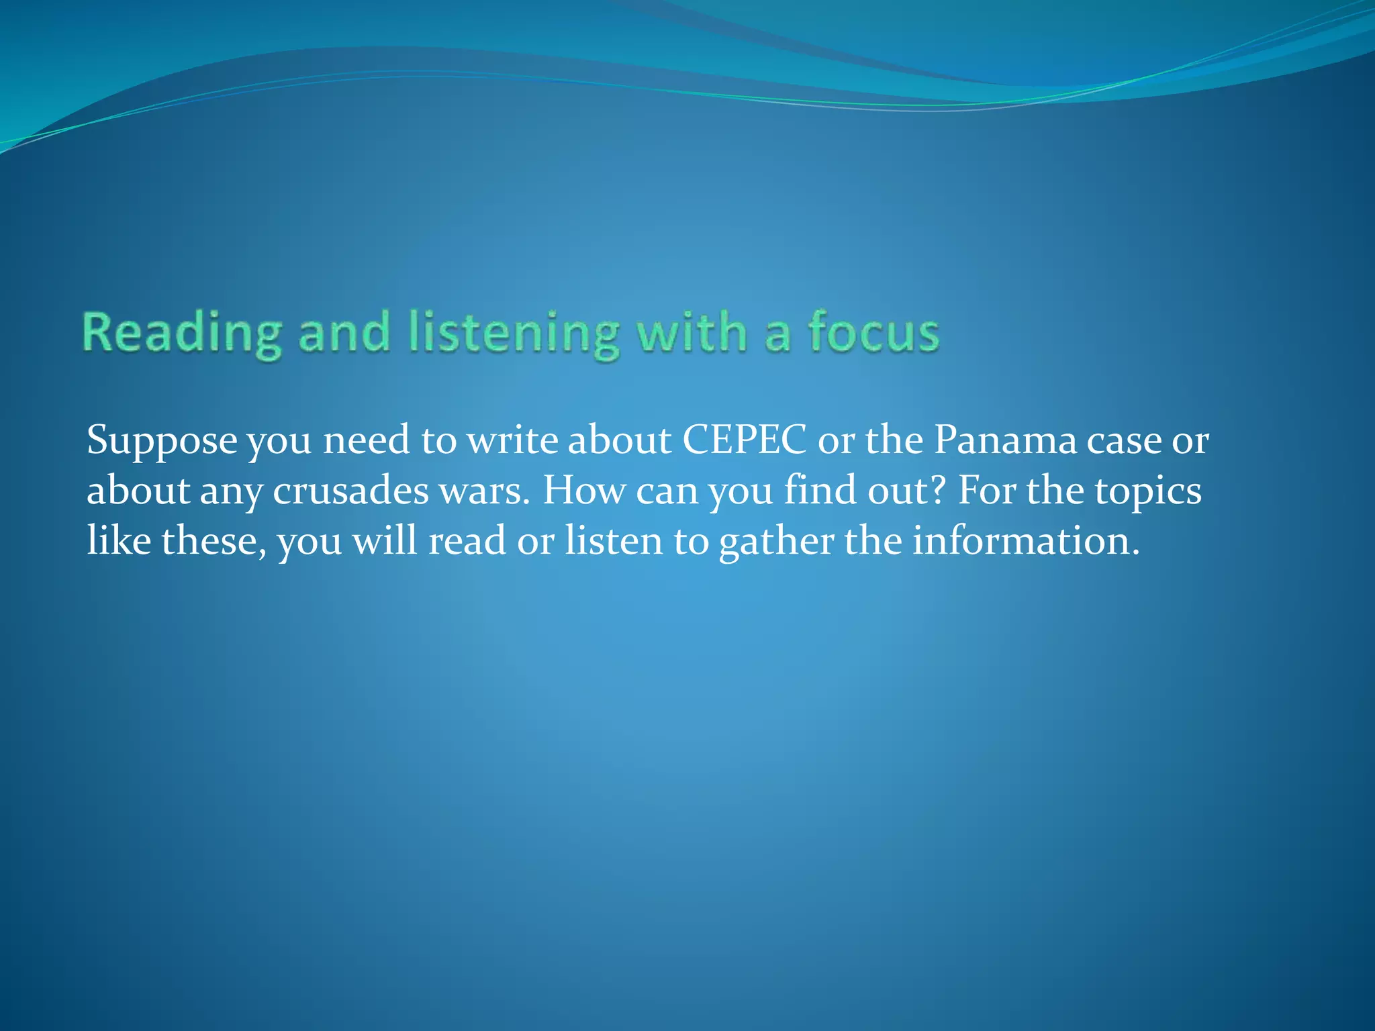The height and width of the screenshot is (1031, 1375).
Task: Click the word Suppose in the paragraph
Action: tap(162, 441)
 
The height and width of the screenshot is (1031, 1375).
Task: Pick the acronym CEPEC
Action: tap(745, 441)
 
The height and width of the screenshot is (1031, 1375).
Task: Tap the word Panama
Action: tap(1005, 441)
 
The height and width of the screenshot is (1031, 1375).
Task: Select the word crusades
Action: tap(350, 491)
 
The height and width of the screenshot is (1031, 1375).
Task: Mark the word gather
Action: tap(776, 540)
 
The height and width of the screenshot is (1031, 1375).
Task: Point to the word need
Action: tap(366, 441)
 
